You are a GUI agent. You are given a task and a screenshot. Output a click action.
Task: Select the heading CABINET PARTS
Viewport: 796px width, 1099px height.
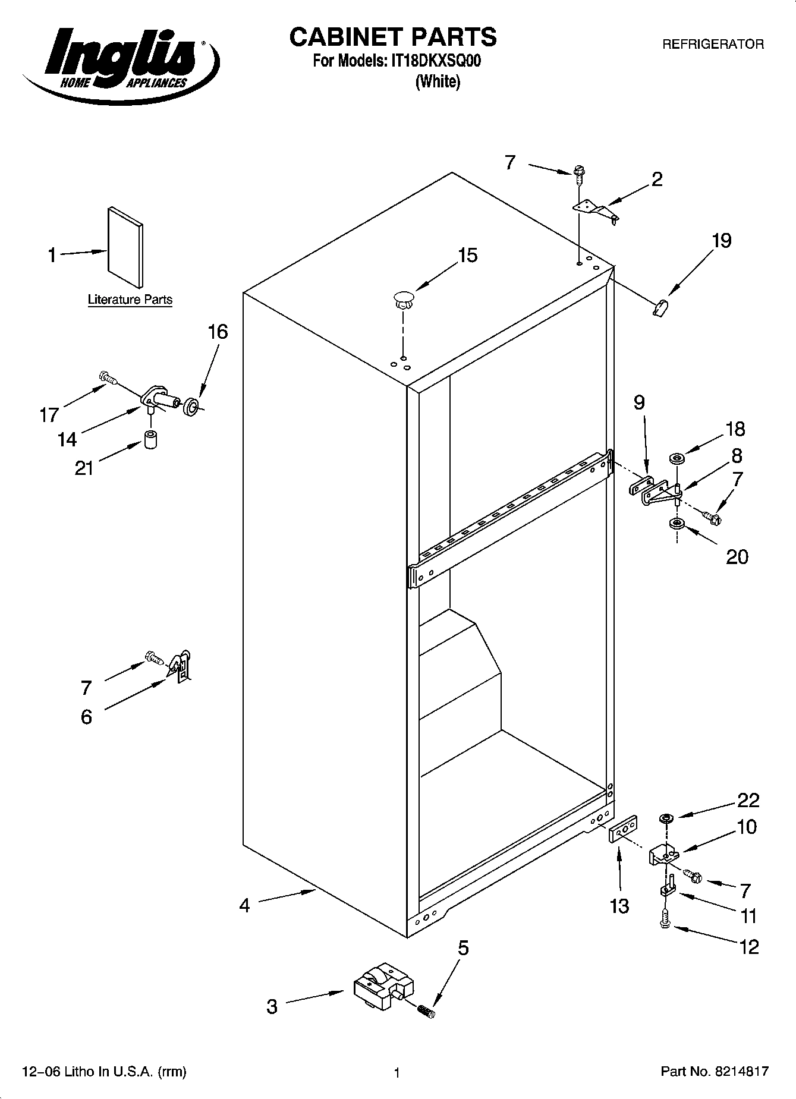click(392, 37)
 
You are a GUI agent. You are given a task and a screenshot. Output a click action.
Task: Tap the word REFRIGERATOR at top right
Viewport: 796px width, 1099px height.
click(713, 44)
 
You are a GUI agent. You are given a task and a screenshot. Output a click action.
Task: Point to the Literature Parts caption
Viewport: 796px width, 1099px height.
click(130, 300)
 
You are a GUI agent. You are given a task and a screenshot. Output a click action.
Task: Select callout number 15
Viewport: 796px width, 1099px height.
click(467, 256)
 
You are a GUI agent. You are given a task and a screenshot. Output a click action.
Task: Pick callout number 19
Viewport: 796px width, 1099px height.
click(721, 241)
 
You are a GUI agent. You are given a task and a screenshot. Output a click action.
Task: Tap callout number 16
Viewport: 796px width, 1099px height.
click(218, 332)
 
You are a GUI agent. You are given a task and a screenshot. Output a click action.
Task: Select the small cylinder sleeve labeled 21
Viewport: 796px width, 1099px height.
click(152, 441)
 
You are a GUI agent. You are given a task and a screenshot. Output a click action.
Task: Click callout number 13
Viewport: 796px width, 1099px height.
click(619, 906)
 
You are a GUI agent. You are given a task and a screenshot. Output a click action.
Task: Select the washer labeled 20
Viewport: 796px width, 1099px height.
click(675, 524)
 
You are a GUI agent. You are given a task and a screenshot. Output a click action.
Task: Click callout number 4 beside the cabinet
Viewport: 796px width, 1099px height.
click(244, 906)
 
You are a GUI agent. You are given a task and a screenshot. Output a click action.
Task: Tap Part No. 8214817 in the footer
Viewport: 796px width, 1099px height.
click(715, 1072)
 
